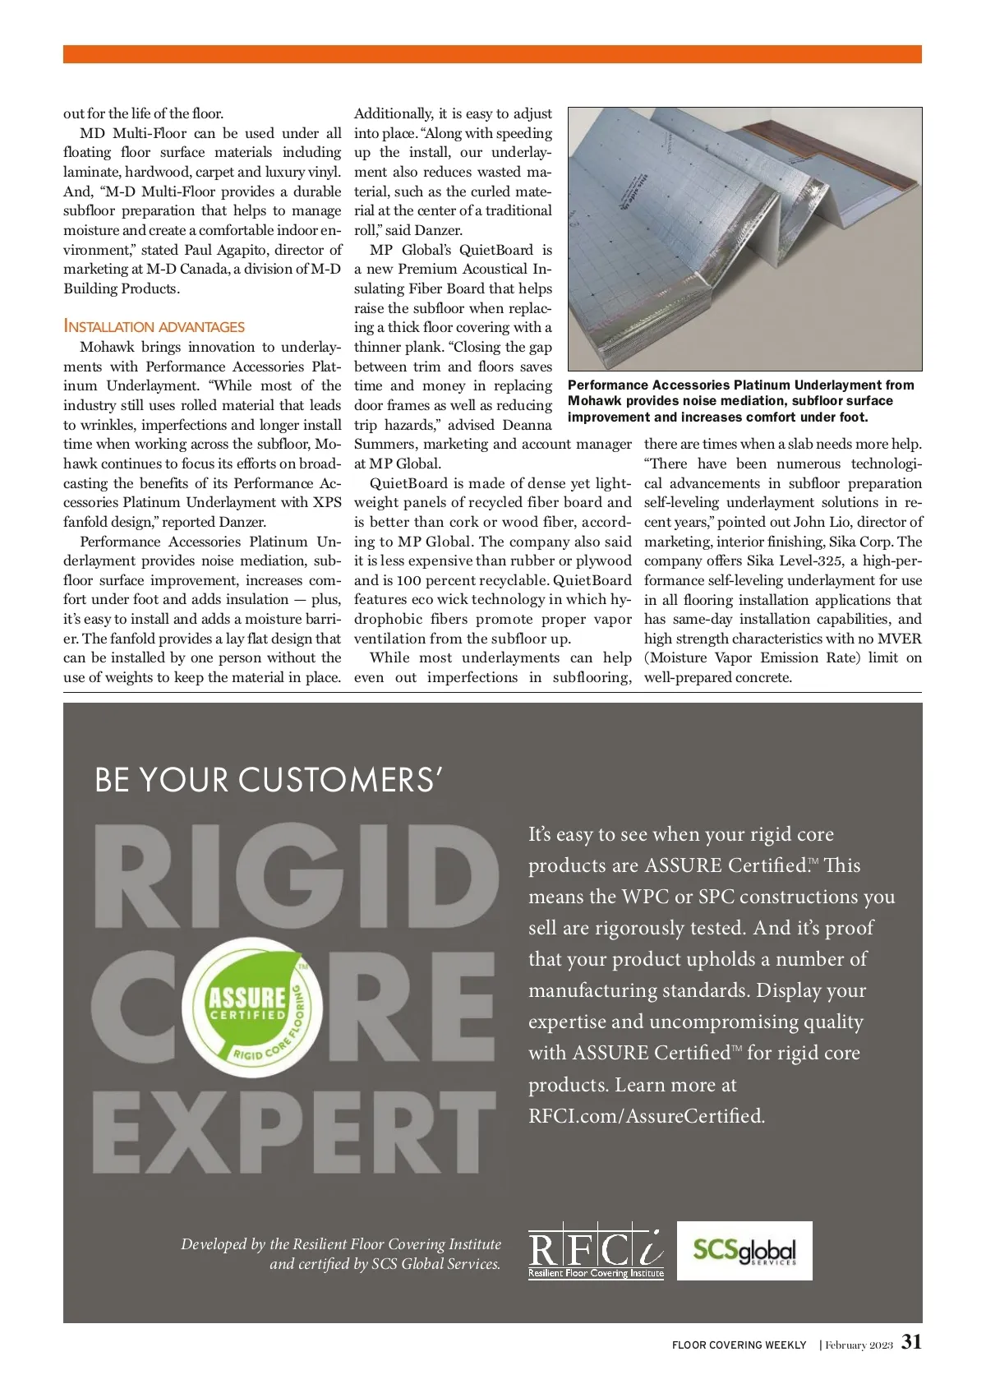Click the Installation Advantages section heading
[x=154, y=326]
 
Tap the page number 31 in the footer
[x=911, y=1342]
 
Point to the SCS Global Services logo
[x=744, y=1251]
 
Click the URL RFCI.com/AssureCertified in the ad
[x=647, y=1116]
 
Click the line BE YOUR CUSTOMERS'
[x=270, y=780]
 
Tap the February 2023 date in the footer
[x=859, y=1345]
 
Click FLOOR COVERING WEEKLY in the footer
[x=739, y=1345]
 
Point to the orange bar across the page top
[x=492, y=54]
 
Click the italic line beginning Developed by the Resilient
[x=341, y=1244]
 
